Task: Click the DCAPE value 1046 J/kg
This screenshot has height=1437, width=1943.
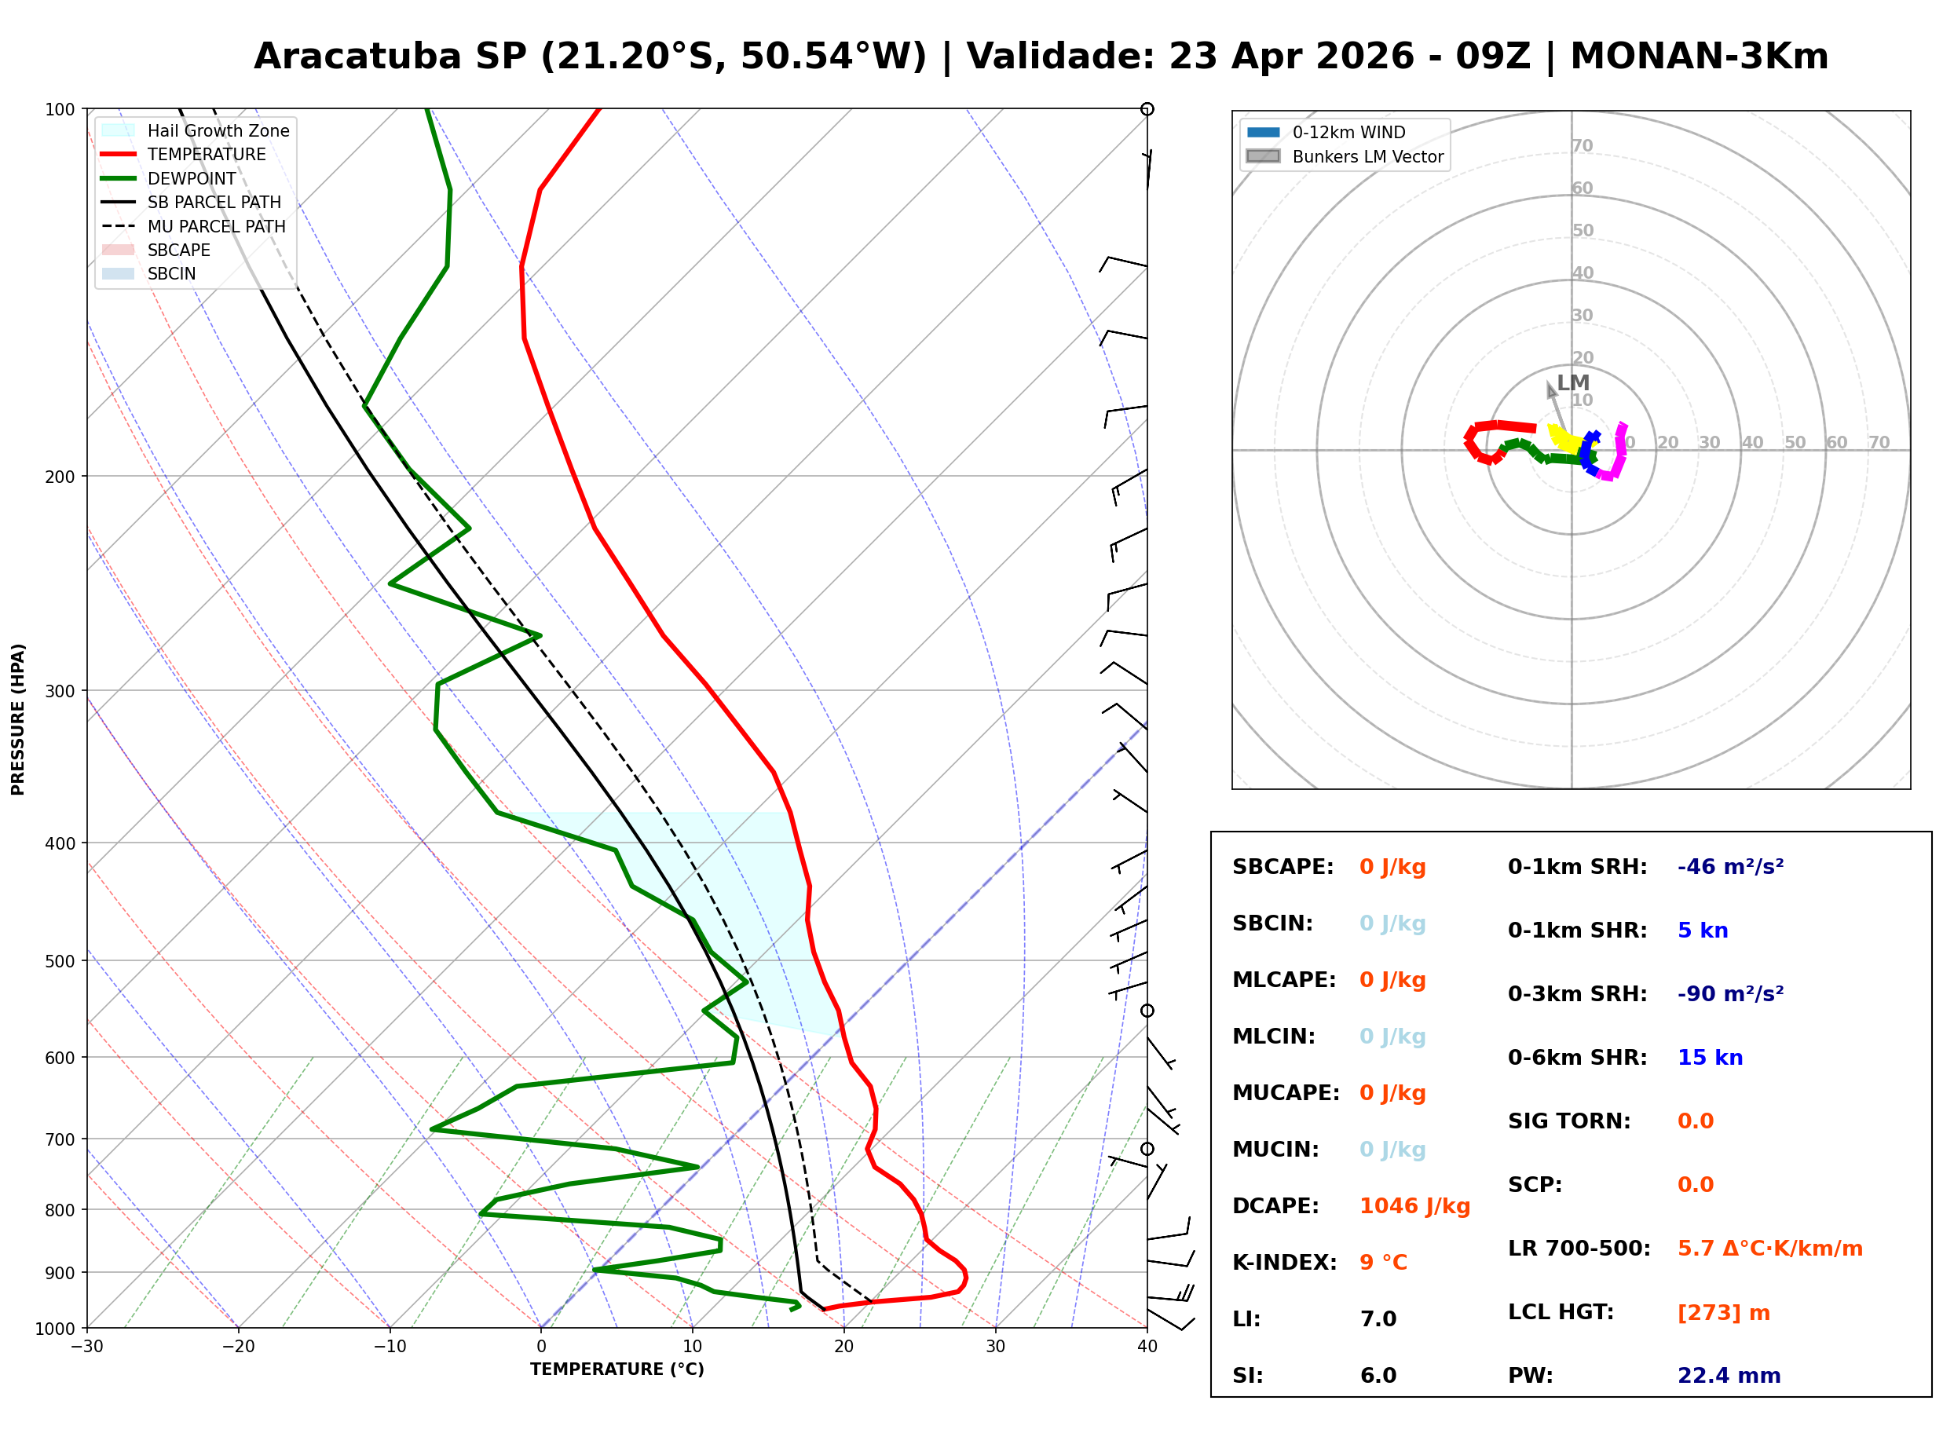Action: point(1414,1205)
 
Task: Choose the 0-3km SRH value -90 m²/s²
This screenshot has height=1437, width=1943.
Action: point(1730,993)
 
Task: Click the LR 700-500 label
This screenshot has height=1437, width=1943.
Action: point(1579,1249)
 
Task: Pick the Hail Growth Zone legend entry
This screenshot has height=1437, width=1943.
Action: point(218,130)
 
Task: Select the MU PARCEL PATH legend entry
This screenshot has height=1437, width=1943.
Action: point(216,226)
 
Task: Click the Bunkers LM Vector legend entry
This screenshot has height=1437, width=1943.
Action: point(1367,156)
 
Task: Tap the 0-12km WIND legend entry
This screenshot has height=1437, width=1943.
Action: point(1348,132)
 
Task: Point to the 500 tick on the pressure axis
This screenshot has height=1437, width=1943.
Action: point(60,961)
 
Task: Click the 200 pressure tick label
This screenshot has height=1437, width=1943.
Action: point(60,477)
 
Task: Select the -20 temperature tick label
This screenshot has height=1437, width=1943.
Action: point(238,1347)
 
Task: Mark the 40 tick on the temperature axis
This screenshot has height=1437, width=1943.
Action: point(1147,1347)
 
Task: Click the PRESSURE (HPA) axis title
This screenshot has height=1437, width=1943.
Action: point(18,719)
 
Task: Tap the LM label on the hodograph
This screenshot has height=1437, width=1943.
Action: point(1572,382)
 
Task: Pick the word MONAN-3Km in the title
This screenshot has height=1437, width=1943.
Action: point(1699,57)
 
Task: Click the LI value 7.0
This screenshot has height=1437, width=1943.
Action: point(1378,1318)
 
